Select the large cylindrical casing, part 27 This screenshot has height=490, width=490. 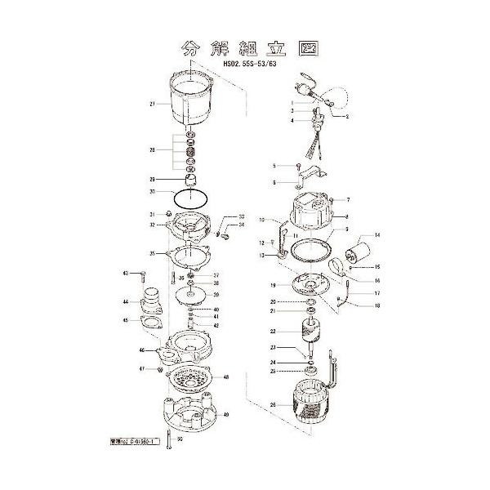(x=194, y=103)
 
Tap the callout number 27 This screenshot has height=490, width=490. (x=152, y=104)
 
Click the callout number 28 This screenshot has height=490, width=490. (x=152, y=149)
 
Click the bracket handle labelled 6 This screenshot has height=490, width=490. (x=314, y=174)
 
